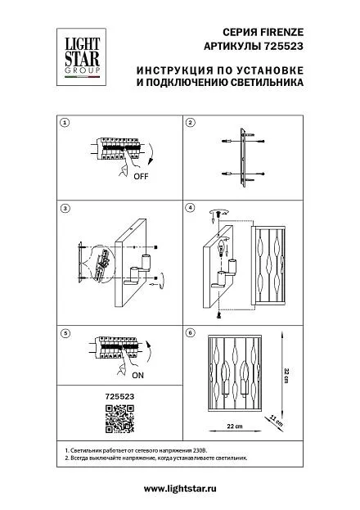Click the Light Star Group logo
(x=81, y=57)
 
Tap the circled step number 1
(x=65, y=123)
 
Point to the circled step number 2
(x=191, y=123)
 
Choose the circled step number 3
(x=65, y=208)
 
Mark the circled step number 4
(x=191, y=208)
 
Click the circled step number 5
(x=65, y=333)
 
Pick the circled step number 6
(x=191, y=332)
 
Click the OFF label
(x=141, y=177)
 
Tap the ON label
(x=137, y=376)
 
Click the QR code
(x=119, y=418)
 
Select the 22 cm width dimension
(x=235, y=426)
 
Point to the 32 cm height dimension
(x=286, y=376)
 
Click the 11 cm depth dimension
(x=276, y=421)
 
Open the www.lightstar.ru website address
(x=180, y=489)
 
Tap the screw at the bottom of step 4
(x=218, y=314)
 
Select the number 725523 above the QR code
(x=119, y=396)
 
